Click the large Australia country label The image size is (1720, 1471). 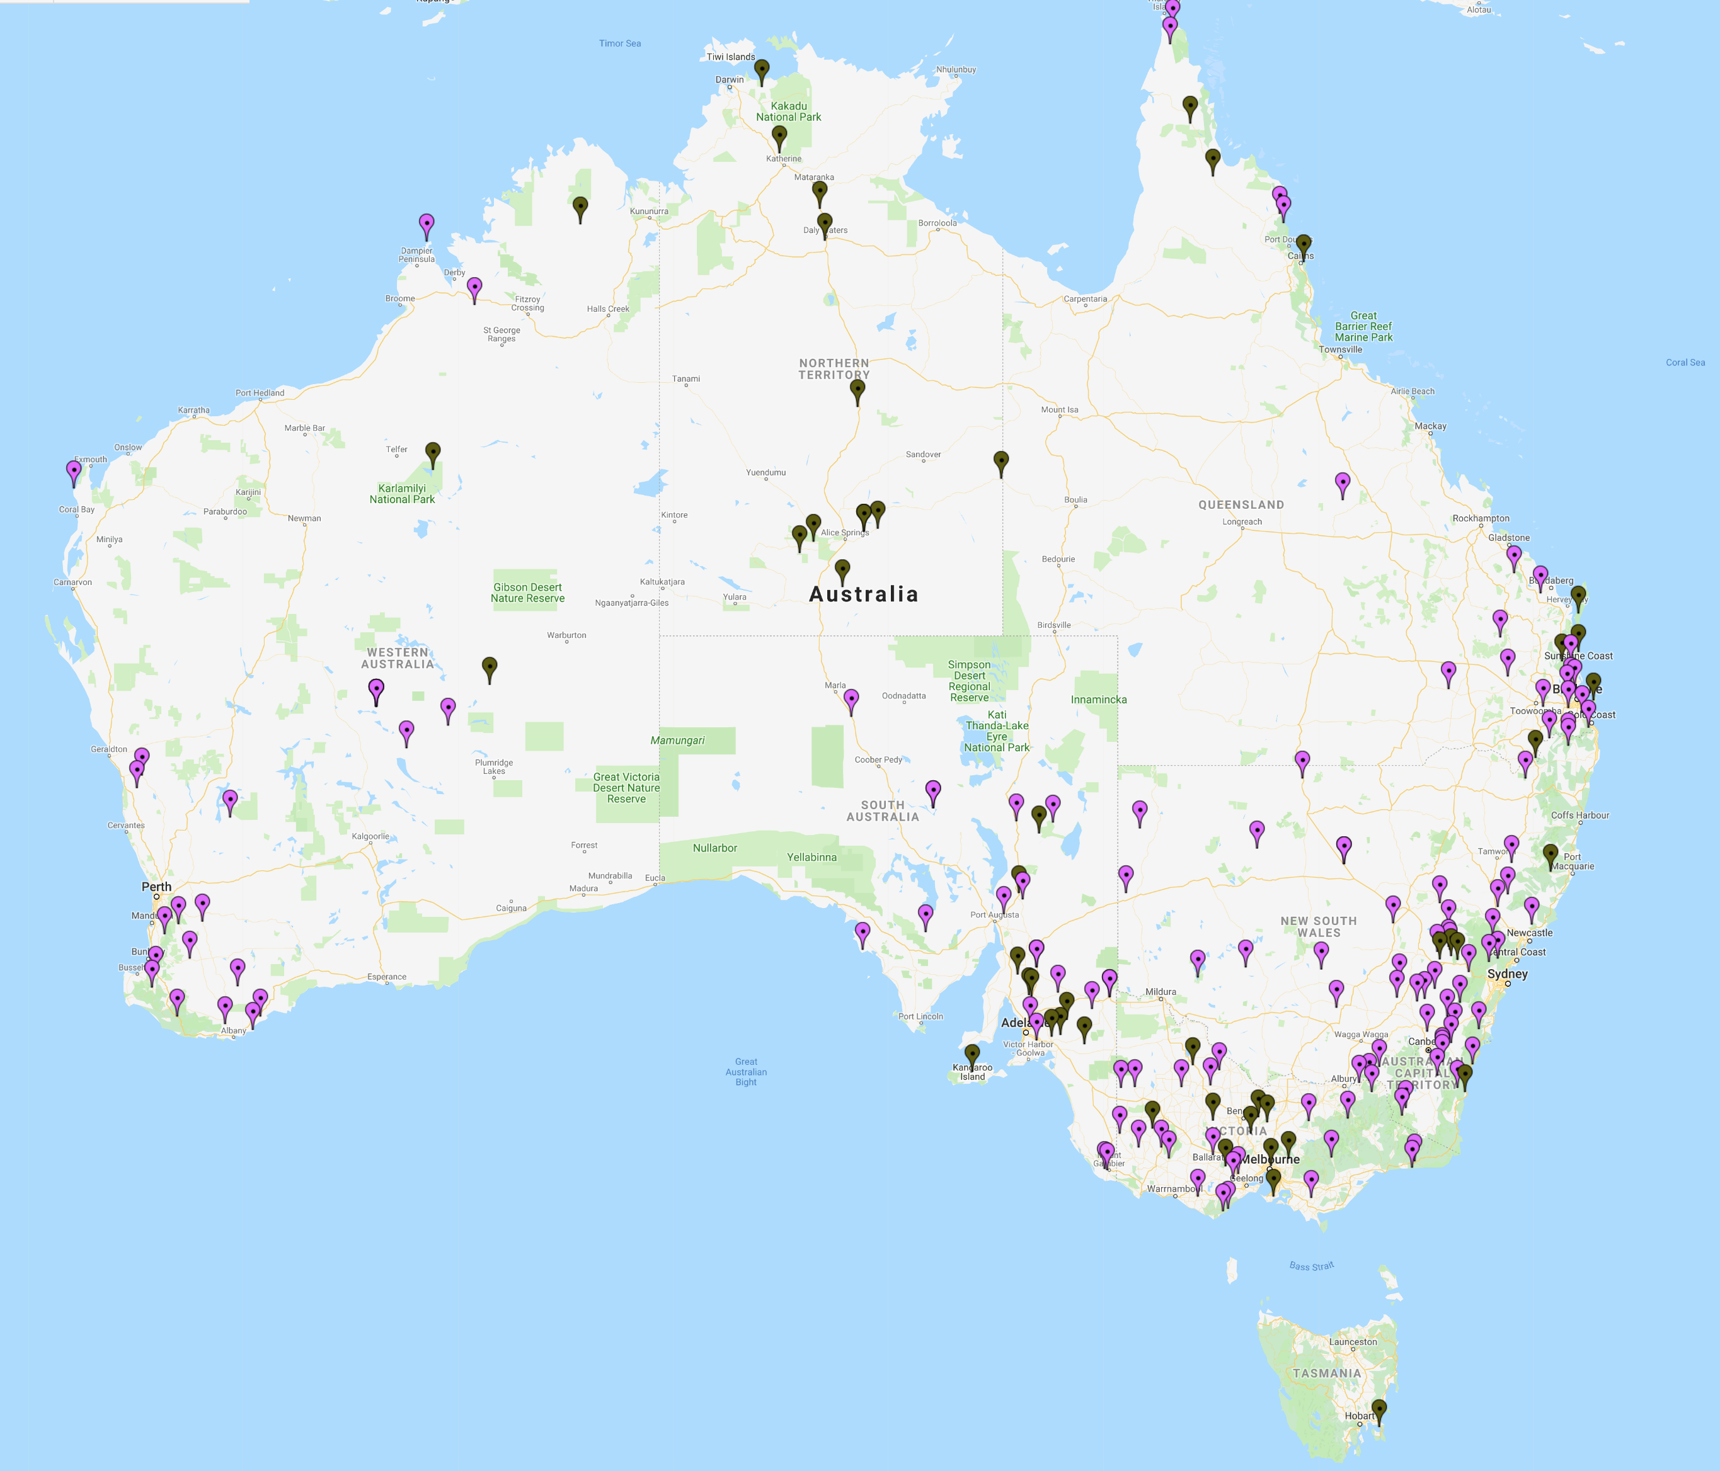[863, 594]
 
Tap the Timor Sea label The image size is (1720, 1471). [619, 43]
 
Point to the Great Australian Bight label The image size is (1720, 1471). [745, 1072]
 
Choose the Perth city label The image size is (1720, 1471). [156, 887]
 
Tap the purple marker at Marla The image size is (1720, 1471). [851, 700]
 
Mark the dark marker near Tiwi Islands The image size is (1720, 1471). [762, 71]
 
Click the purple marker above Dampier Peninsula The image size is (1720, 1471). [426, 224]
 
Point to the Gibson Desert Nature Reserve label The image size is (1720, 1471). [527, 593]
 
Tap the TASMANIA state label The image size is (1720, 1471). [1326, 1373]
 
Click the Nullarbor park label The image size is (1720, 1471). [714, 848]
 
